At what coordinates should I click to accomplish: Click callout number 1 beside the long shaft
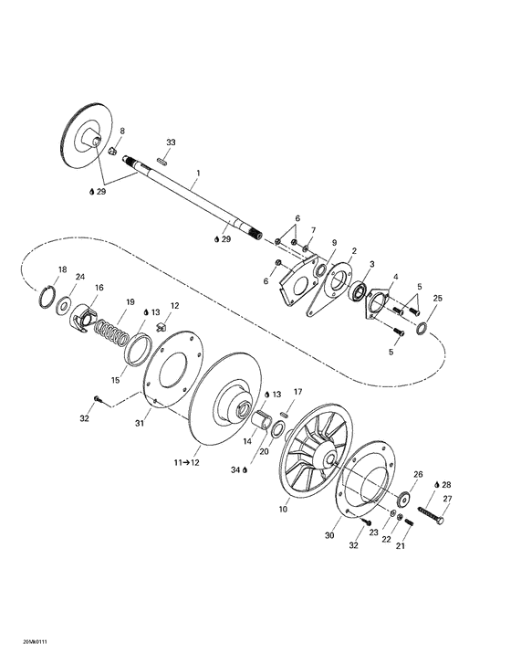click(x=198, y=172)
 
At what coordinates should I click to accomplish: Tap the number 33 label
click(x=171, y=142)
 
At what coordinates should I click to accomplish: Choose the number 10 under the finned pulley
click(x=283, y=507)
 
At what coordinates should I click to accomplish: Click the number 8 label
click(x=123, y=132)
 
